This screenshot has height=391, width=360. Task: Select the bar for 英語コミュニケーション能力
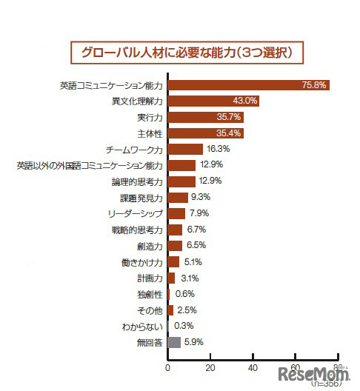pos(248,85)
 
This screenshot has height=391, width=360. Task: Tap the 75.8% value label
pos(314,85)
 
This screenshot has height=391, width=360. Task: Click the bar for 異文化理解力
pos(213,101)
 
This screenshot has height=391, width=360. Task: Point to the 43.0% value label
pos(245,101)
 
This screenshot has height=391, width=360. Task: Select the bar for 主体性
pos(205,133)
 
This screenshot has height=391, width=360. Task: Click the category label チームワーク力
pos(136,150)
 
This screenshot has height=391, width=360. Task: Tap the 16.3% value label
pos(219,150)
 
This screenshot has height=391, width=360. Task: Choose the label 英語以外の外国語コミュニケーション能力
pos(89,165)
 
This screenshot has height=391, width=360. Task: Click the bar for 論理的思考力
pos(181,181)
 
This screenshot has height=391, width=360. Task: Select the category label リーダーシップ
pos(136,213)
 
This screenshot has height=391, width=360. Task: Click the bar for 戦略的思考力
pos(175,230)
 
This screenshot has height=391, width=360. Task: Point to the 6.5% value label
pos(196,246)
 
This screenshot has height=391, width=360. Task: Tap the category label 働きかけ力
pos(143,262)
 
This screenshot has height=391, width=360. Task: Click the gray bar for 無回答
pos(174,342)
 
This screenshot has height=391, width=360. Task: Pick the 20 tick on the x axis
pos(210,368)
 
